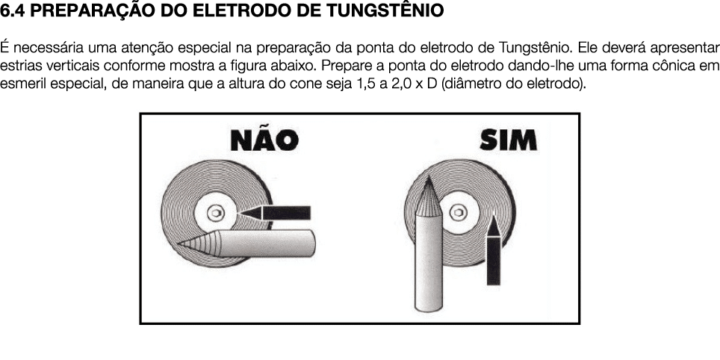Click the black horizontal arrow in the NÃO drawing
click(x=276, y=211)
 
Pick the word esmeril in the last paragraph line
click(x=20, y=81)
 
